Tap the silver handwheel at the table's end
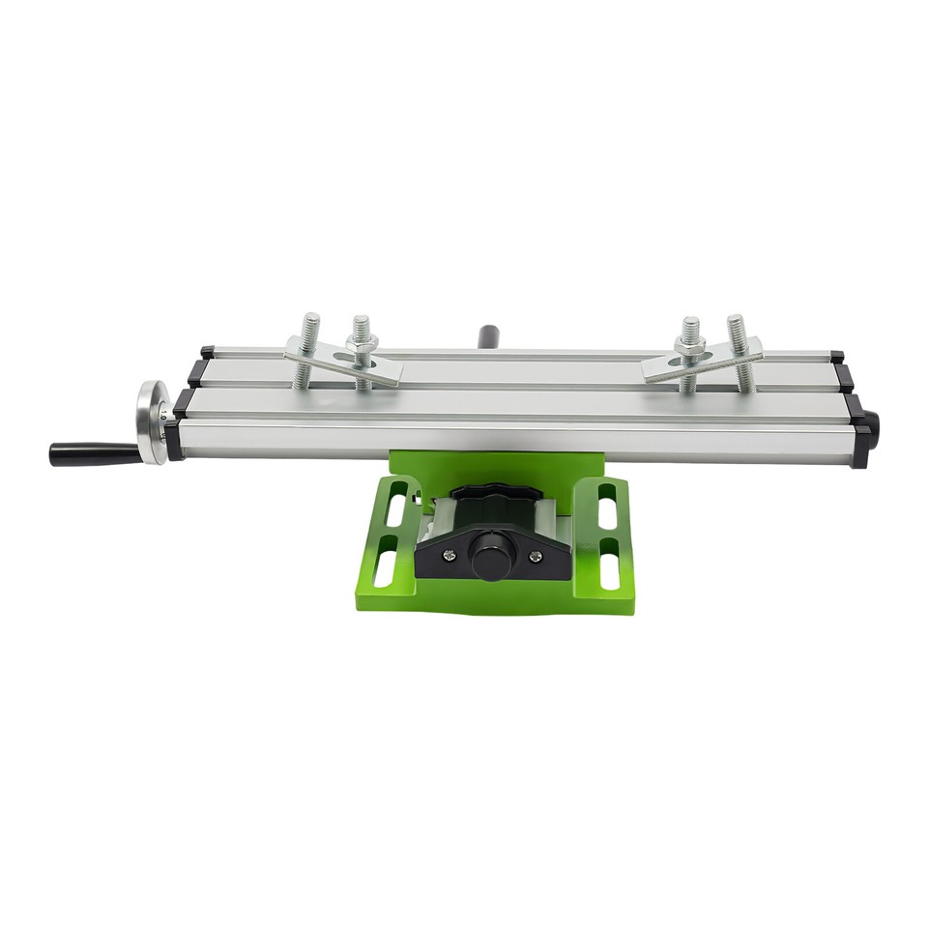click(x=151, y=421)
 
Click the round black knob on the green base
click(x=490, y=559)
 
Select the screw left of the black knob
click(x=448, y=555)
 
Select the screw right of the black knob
click(x=535, y=555)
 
